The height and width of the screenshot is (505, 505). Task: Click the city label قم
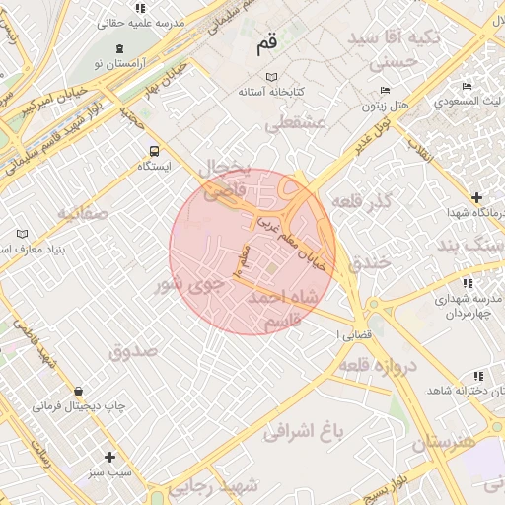(266, 44)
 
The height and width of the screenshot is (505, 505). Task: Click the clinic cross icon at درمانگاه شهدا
(477, 198)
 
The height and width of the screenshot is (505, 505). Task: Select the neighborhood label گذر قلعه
(362, 200)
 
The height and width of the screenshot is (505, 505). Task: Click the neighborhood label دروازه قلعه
(384, 365)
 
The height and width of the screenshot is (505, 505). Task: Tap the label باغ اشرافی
(304, 429)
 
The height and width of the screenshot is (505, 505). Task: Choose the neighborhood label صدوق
(133, 350)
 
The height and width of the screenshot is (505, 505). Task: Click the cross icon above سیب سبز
(109, 457)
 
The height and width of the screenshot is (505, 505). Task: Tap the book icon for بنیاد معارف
(23, 235)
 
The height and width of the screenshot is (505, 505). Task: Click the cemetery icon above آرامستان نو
(119, 49)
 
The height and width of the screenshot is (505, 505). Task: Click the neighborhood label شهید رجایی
(213, 485)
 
